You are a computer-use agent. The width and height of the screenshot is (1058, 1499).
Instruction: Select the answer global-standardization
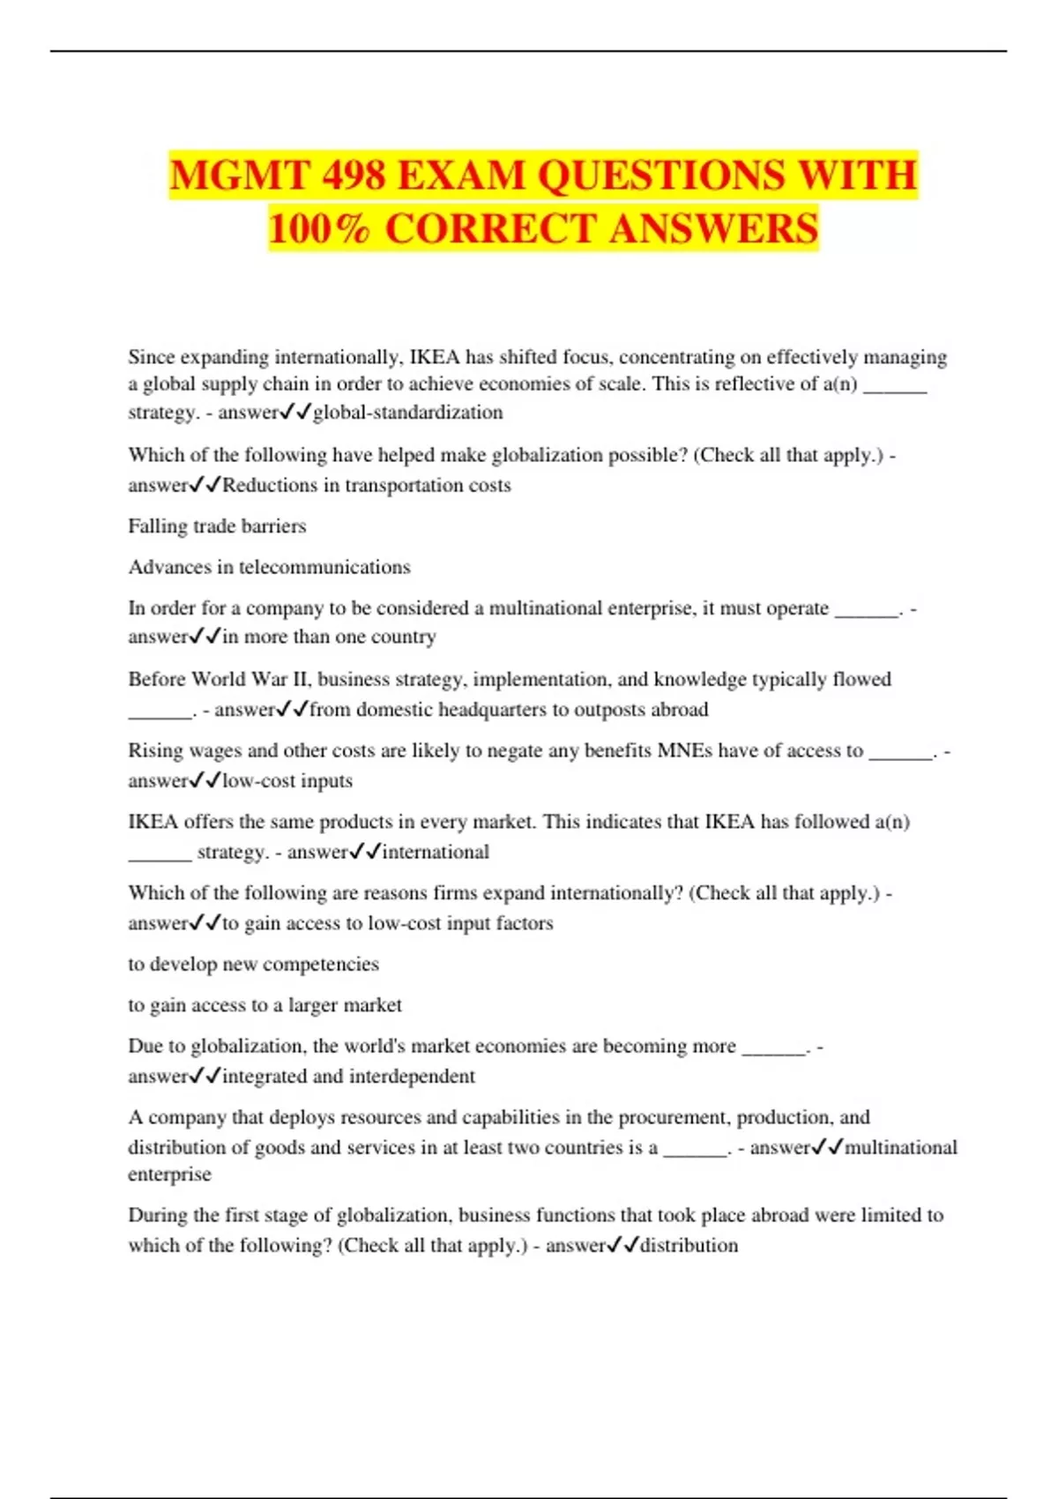408,412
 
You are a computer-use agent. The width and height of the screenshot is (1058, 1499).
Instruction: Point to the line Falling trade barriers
217,526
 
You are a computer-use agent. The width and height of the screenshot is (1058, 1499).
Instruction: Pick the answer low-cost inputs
287,780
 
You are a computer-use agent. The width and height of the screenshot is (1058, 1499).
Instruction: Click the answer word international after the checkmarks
436,852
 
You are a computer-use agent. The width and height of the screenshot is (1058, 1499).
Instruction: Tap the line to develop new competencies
253,964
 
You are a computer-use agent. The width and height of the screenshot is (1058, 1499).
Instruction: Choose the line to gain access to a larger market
264,1005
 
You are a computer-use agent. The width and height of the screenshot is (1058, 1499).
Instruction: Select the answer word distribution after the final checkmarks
689,1245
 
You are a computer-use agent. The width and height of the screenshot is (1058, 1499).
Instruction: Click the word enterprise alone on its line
169,1175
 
